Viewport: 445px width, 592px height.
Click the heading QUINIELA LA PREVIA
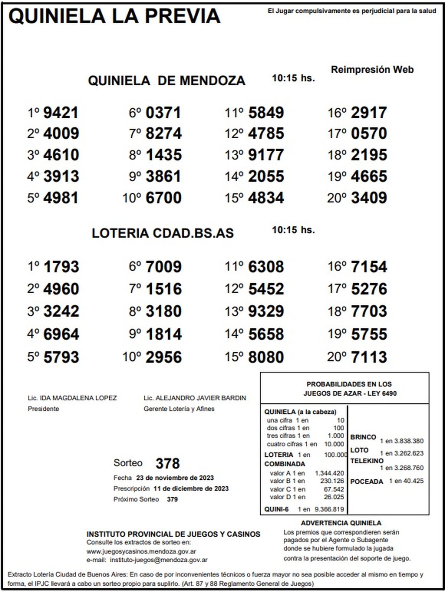[114, 17]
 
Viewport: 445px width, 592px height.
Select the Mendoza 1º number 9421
[61, 113]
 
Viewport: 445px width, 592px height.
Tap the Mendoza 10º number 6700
[164, 198]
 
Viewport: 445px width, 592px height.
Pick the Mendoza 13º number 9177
[266, 155]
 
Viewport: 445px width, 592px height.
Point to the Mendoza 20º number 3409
[369, 198]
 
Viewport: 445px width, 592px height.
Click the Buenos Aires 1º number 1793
[61, 267]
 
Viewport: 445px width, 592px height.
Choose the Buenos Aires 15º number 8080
[266, 357]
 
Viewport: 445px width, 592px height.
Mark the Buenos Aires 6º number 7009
[164, 267]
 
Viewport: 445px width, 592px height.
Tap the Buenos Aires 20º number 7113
[369, 357]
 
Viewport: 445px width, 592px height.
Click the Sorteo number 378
[168, 463]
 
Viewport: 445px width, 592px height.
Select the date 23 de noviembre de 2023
[175, 478]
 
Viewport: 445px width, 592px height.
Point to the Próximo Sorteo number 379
[172, 499]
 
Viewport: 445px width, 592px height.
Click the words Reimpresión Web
[372, 70]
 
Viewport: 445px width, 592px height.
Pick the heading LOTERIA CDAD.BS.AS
[163, 233]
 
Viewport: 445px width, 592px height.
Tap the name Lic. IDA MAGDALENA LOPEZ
[72, 398]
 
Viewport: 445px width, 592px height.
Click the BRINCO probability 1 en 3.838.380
[402, 441]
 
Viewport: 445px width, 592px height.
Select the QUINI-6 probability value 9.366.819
[329, 509]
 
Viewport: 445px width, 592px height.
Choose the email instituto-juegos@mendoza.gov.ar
[159, 560]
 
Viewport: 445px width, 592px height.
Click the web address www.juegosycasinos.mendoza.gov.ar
[141, 551]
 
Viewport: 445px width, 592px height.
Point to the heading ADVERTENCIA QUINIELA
[341, 523]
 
